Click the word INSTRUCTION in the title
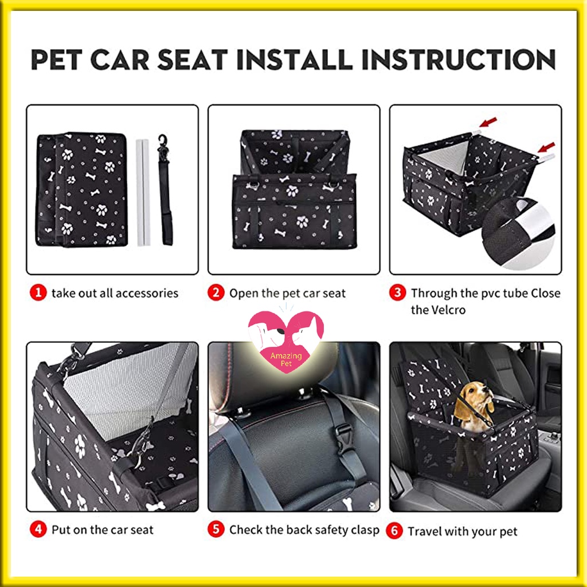(458, 60)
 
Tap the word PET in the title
(56, 60)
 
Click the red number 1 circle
(38, 293)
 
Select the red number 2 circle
(216, 293)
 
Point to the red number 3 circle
(398, 293)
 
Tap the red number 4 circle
(38, 529)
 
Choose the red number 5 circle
(216, 529)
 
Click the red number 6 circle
(394, 531)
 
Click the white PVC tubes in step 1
(143, 193)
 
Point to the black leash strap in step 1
(165, 190)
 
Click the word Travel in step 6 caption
(422, 531)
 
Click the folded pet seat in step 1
(81, 189)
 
